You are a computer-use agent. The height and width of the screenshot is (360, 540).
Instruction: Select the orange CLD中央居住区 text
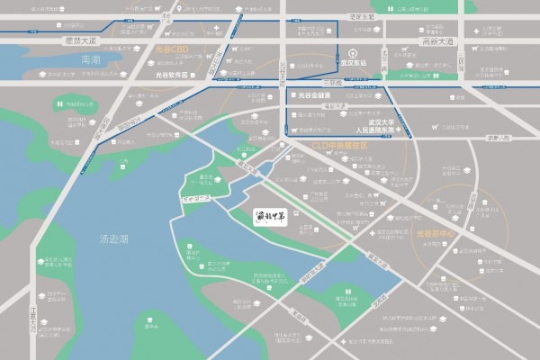340,144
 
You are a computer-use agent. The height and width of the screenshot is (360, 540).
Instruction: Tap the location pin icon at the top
179,9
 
